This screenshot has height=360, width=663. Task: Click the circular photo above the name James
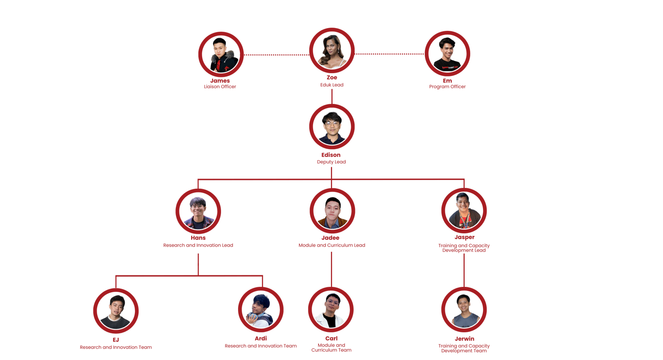(x=221, y=55)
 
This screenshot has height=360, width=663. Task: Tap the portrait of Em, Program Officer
(x=447, y=54)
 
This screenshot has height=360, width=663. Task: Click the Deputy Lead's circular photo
(x=331, y=127)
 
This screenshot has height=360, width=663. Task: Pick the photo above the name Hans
(x=198, y=211)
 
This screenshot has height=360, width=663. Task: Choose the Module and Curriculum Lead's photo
(x=332, y=211)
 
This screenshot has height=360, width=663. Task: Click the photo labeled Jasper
(x=464, y=210)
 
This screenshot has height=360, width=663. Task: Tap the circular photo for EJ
(x=116, y=311)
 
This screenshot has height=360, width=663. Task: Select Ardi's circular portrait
(x=261, y=310)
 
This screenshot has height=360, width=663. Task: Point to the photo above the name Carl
(x=331, y=310)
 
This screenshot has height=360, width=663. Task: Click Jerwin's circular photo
(x=464, y=310)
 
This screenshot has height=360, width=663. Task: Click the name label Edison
(x=331, y=155)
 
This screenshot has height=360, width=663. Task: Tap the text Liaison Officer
(x=220, y=87)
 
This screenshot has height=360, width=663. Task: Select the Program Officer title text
(x=447, y=87)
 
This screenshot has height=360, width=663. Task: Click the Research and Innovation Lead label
(x=198, y=245)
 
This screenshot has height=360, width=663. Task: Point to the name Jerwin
(x=464, y=339)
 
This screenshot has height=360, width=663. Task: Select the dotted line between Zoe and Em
(x=390, y=54)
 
